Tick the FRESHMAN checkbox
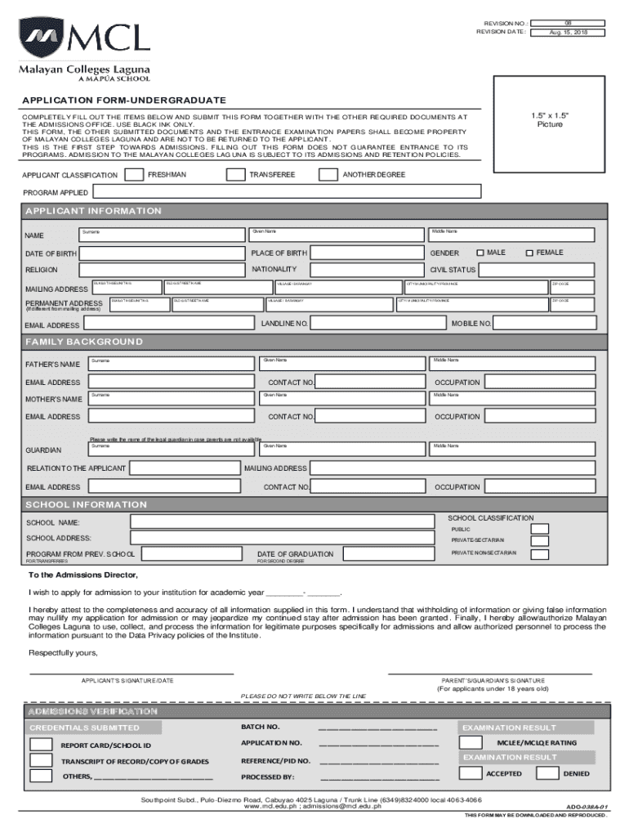[x=136, y=174]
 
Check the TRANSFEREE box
[x=235, y=174]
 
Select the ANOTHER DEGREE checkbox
[x=328, y=174]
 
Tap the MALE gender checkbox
[x=480, y=253]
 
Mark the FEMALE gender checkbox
[x=529, y=253]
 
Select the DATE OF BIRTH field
[x=163, y=253]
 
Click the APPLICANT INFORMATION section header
[x=93, y=211]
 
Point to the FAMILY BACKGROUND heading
[x=84, y=341]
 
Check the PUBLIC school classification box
[x=539, y=529]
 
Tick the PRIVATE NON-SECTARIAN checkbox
[x=539, y=554]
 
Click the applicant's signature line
[x=131, y=673]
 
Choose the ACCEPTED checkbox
[x=471, y=773]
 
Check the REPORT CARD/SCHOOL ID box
[x=41, y=745]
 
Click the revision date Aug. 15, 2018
[x=568, y=32]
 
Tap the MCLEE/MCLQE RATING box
[x=471, y=742]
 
